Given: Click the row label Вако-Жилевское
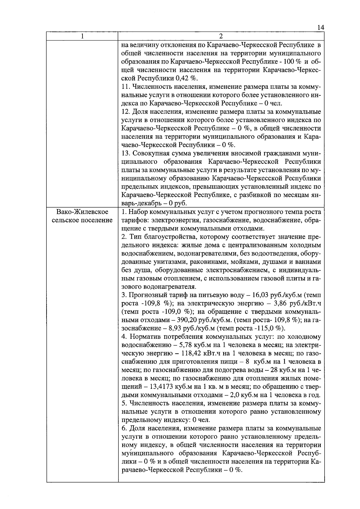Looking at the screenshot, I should tap(82, 212).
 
